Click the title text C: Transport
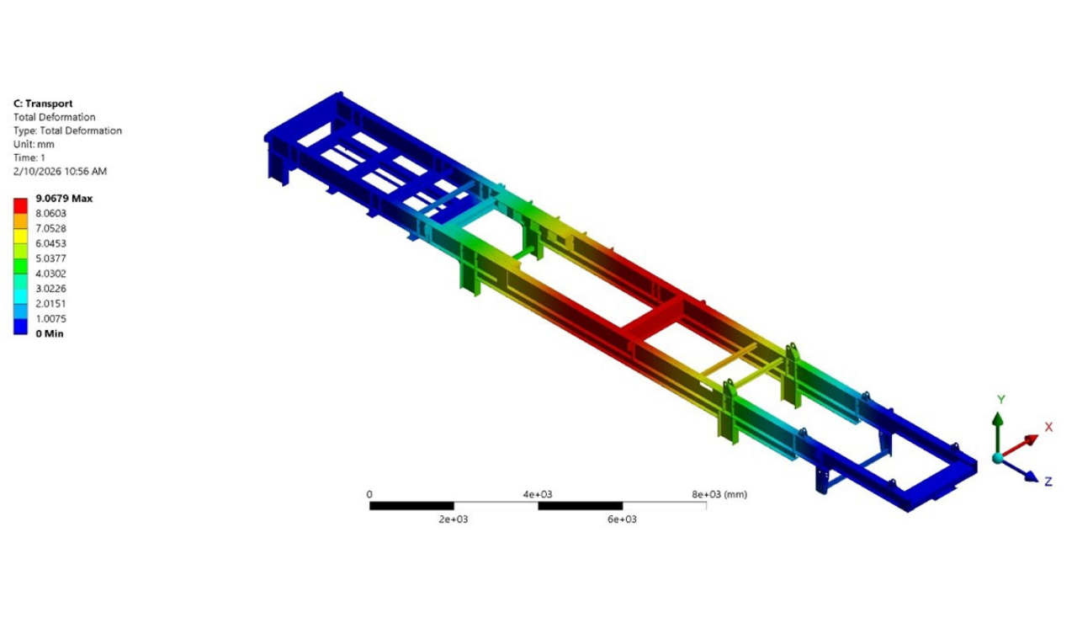coord(43,104)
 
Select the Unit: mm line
coord(34,144)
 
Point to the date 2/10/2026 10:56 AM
coord(60,171)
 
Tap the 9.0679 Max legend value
coord(64,198)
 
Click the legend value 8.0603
coord(50,214)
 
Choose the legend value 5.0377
coord(50,258)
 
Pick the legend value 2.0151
coord(50,304)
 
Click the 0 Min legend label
coord(49,333)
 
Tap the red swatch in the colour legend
coord(20,206)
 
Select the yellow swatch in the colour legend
coord(20,237)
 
